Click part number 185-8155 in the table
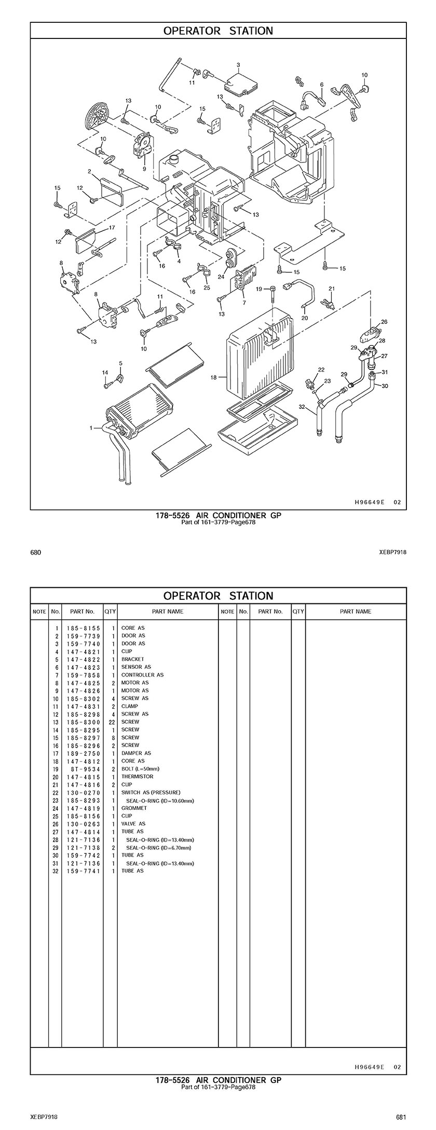pos(83,628)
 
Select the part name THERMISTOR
pos(137,776)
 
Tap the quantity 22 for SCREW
pos(112,722)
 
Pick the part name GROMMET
pos(134,808)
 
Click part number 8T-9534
pos(83,768)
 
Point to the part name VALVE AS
pos(133,823)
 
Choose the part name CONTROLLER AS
pos(142,674)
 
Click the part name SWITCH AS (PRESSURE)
pos(151,792)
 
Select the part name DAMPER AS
pos(136,753)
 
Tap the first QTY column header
pos(110,611)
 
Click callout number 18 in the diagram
pos(213,378)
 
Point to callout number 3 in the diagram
pos(238,65)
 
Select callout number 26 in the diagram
pos(384,322)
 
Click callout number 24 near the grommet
pos(221,277)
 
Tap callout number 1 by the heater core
pos(91,428)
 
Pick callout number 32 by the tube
pos(302,407)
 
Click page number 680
pos(35,553)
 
